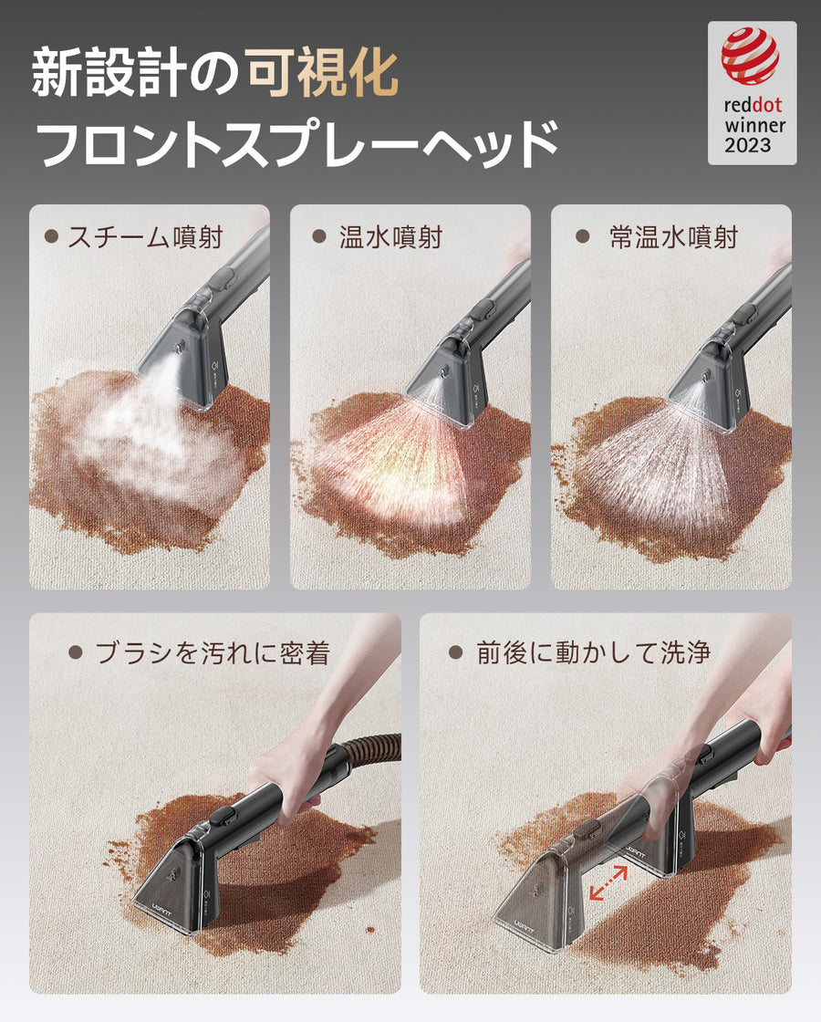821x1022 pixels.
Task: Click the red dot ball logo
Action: (750, 57)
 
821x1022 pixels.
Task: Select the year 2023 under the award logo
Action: (748, 145)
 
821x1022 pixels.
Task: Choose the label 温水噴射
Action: (390, 238)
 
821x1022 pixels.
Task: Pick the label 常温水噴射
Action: (673, 238)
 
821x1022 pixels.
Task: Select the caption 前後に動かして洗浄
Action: (593, 653)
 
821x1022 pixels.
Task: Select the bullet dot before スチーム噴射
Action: (51, 236)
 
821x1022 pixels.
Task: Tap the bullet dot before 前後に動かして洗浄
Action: (455, 652)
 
